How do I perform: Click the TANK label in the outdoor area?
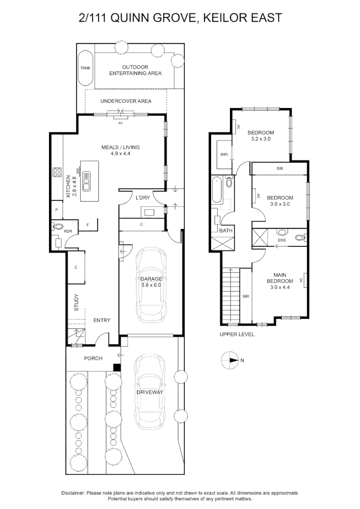85,68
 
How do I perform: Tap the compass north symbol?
229,360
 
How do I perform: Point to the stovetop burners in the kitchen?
57,172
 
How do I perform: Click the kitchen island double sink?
87,181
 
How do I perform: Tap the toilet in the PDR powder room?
57,226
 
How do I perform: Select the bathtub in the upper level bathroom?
216,189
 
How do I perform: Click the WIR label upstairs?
224,155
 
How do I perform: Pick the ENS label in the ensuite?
282,240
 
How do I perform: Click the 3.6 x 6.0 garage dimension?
151,285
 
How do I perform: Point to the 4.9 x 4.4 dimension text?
120,154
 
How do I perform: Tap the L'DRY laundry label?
143,197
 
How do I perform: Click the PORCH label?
93,358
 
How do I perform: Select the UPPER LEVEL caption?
237,334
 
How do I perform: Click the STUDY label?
77,303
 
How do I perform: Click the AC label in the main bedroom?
301,280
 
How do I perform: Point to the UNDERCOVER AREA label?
126,101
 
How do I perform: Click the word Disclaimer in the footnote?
73,493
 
